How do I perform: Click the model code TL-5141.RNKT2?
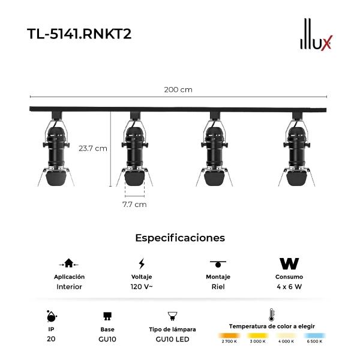coord(79,34)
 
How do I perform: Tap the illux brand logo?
coord(316,34)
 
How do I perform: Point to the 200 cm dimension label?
coord(178,89)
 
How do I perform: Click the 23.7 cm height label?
coord(93,149)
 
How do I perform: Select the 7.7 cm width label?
coord(134,205)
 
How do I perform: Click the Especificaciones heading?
coord(180,238)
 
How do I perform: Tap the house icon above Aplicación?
coord(68,263)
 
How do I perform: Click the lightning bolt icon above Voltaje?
coord(142,263)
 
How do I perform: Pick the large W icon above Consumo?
coord(289,263)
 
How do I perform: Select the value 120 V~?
coord(142,287)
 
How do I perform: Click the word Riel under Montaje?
coord(218,287)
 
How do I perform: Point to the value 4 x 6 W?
coord(289,287)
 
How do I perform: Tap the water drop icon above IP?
coord(52,317)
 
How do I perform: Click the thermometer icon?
coord(271,315)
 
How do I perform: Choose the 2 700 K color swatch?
coord(229,335)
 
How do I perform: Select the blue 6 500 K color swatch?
coord(314,335)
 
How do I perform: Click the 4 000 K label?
coord(286,341)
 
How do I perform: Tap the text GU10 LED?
coord(172,339)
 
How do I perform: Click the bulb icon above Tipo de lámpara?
coord(172,316)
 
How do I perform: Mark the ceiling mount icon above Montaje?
coord(218,264)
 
